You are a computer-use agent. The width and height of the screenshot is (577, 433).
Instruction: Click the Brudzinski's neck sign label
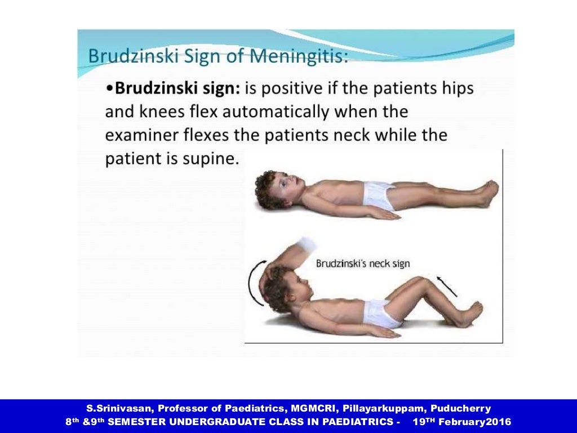362,263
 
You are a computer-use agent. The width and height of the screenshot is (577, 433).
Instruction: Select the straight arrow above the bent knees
447,286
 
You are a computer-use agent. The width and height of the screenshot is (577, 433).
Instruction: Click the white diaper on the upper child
379,195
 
